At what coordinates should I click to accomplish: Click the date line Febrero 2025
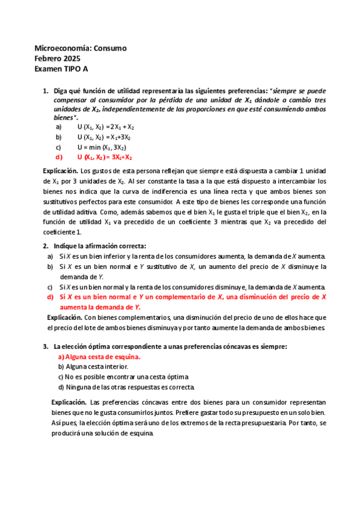pos(61,59)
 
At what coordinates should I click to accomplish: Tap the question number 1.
pos(46,91)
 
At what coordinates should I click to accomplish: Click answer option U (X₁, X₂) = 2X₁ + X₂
pos(106,127)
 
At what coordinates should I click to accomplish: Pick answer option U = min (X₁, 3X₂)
pos(102,147)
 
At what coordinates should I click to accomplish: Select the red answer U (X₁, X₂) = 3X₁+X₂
pos(105,158)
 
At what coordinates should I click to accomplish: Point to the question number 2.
pos(46,246)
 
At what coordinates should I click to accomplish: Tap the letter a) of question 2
pos(50,256)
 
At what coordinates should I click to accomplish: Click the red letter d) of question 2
pos(50,297)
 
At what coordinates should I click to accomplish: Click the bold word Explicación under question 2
pos(64,317)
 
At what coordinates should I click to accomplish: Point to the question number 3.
pos(46,346)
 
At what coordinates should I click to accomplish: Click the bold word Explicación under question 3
pos(69,401)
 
